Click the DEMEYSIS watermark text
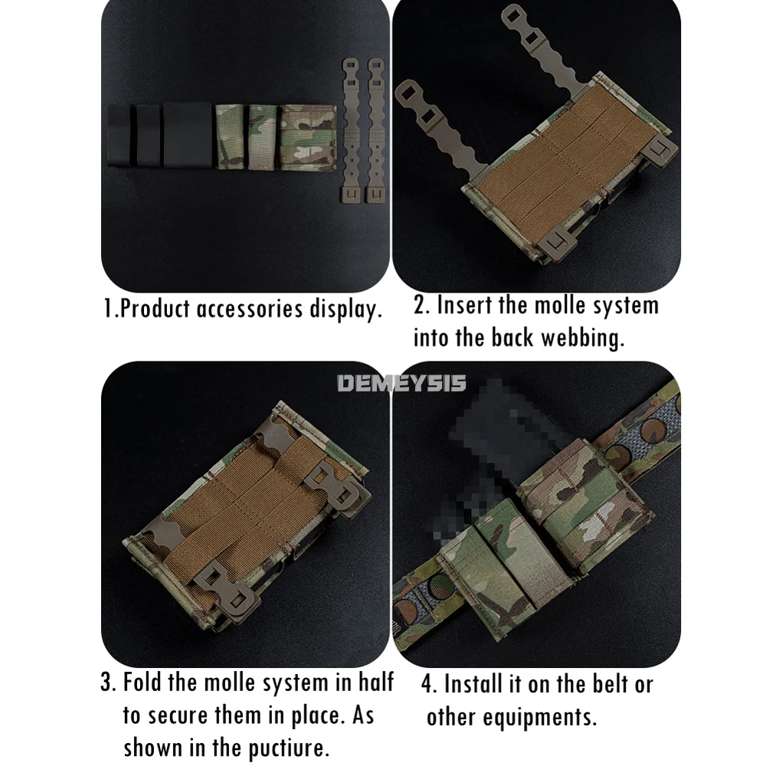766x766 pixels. pyautogui.click(x=401, y=383)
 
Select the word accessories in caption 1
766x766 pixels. pyautogui.click(x=250, y=309)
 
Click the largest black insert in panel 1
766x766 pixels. pyautogui.click(x=187, y=135)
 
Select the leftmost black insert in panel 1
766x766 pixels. pyautogui.click(x=120, y=135)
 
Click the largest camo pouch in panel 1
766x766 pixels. pyautogui.click(x=308, y=138)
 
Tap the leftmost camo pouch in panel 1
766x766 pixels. pyautogui.click(x=230, y=137)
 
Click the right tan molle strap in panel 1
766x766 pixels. pyautogui.click(x=376, y=130)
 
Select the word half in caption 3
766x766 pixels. pyautogui.click(x=376, y=682)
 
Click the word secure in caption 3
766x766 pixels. pyautogui.click(x=178, y=715)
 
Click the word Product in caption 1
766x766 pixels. pyautogui.click(x=155, y=309)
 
